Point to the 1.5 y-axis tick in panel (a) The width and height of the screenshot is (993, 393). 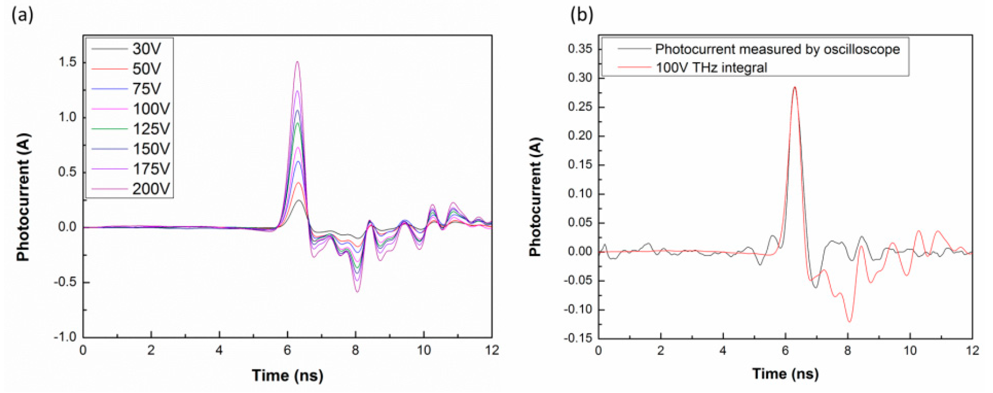(x=67, y=63)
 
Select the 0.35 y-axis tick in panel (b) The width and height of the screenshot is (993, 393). (x=579, y=49)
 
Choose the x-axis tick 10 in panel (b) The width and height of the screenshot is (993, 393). (x=910, y=351)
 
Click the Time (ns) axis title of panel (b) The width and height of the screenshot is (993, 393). (x=785, y=374)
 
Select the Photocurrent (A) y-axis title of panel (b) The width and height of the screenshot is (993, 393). (x=536, y=197)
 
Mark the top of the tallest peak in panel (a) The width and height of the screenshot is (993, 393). (x=297, y=62)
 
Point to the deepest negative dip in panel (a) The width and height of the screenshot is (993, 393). (x=357, y=292)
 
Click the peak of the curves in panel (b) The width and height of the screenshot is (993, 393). (x=795, y=87)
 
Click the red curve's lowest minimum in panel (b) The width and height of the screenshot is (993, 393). (x=849, y=321)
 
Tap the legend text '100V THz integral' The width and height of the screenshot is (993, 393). (x=711, y=68)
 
